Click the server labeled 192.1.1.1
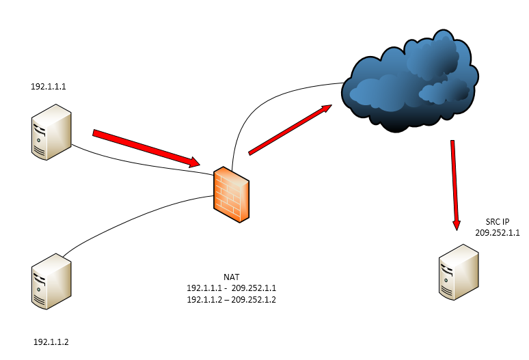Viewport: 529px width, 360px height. pos(50,132)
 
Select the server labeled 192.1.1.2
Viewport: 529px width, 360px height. pos(50,281)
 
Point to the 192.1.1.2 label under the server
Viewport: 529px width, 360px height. pos(51,341)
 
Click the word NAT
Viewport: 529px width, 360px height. pos(231,277)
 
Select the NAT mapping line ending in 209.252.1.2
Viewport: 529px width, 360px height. pos(231,299)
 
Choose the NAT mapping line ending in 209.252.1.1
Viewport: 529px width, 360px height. pos(231,288)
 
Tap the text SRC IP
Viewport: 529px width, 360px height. pos(497,222)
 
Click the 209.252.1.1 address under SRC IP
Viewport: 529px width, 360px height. pos(498,233)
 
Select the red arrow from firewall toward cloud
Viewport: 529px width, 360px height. pos(290,129)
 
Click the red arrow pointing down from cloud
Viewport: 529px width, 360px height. pos(454,184)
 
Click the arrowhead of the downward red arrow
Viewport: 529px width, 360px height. pos(455,223)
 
